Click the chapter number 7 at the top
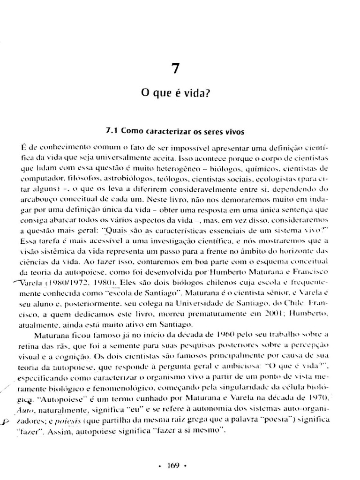click(175, 69)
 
